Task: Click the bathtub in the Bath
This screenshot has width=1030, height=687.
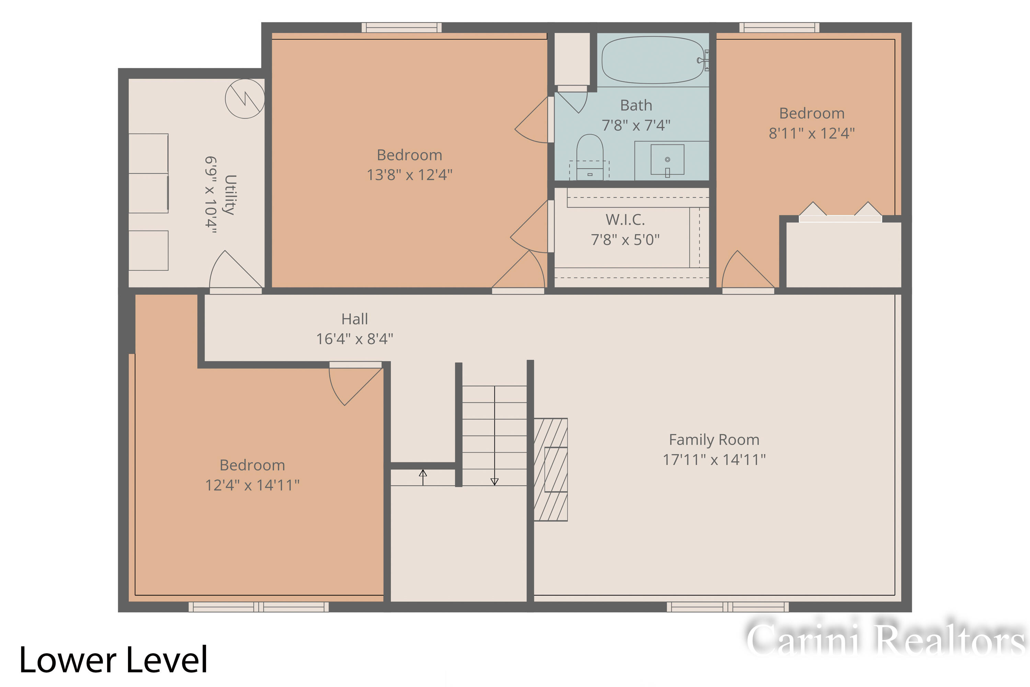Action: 653,59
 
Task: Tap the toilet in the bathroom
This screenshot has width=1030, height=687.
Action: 590,157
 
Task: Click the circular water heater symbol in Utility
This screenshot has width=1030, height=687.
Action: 245,99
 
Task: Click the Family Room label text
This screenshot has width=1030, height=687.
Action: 714,439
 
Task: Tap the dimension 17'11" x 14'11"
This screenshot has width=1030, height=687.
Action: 714,460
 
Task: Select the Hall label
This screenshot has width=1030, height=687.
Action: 354,319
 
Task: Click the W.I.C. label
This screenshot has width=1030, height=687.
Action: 625,219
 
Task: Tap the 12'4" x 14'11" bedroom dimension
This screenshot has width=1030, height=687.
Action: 252,485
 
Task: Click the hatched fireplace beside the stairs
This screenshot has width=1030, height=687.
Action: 550,470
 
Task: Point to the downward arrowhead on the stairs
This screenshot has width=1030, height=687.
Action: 494,482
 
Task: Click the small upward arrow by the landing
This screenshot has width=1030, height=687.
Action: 423,477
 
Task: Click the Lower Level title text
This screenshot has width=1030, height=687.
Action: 113,660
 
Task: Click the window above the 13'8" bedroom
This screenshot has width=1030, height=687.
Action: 402,27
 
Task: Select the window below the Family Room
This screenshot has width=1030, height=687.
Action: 728,607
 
